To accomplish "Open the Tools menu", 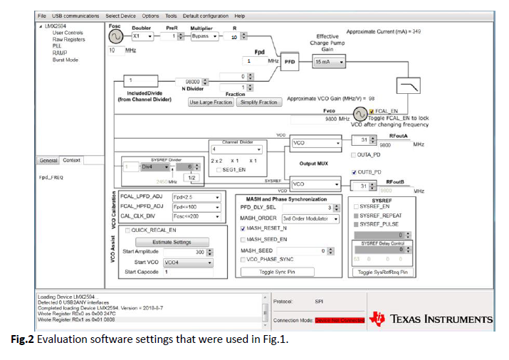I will [x=171, y=16].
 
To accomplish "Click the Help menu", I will [x=239, y=16].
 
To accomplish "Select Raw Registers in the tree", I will [x=68, y=39].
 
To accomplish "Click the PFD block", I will [x=290, y=62].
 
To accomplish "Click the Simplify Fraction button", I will [x=258, y=102].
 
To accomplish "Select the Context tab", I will [x=71, y=161].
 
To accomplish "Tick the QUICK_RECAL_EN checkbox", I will [x=128, y=231].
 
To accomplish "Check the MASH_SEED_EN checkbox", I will [x=243, y=240].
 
